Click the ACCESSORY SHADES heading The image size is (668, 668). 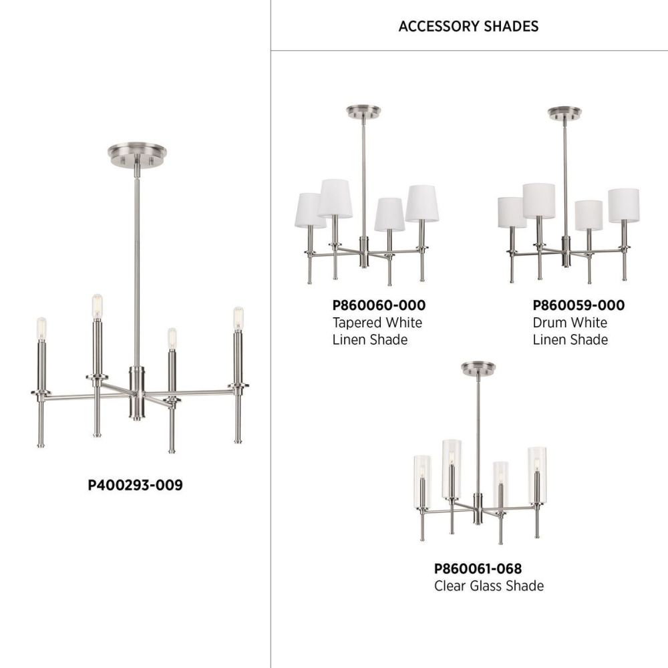pos(468,27)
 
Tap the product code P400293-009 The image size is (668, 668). pos(135,485)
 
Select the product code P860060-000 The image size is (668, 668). pos(379,305)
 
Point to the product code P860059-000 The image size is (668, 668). pos(578,305)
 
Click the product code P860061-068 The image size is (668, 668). pos(478,568)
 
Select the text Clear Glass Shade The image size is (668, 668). pos(489,586)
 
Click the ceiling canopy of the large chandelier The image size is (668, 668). pos(137,154)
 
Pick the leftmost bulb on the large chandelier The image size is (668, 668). pos(41,329)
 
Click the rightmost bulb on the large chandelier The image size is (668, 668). pos(238,318)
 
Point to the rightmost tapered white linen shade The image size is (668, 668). pos(422,204)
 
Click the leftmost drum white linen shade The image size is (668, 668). pos(512,212)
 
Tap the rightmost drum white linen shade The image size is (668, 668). pos(624,205)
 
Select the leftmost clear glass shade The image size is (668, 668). pos(422,481)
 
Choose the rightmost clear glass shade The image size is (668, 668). pos(537,474)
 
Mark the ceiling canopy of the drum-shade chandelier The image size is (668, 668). pos(564,113)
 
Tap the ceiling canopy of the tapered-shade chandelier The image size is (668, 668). pos(363,112)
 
